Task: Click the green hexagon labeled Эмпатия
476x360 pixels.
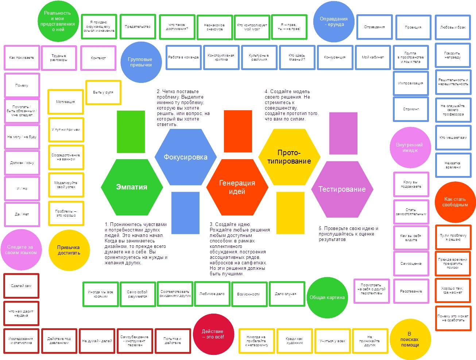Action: pos(132,187)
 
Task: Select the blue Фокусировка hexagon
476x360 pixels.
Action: pos(185,157)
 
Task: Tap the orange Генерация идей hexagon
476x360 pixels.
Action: pos(237,187)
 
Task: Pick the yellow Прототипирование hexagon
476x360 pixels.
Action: pos(289,157)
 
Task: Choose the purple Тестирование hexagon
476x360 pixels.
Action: pos(342,189)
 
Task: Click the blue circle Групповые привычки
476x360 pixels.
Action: pos(141,62)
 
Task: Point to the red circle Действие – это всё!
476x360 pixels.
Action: pos(213,334)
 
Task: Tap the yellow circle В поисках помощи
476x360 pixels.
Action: pos(410,339)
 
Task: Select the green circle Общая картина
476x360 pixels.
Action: pos(327,298)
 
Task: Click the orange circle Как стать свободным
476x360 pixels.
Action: pos(455,202)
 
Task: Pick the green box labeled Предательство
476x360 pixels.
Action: pos(138,27)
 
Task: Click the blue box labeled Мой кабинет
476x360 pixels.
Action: pos(373,57)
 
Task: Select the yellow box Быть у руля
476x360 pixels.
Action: pos(103,92)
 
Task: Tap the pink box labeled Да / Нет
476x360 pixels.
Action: pos(22,214)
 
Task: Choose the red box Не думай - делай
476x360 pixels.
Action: pos(97,341)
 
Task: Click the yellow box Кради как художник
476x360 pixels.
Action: pos(295,341)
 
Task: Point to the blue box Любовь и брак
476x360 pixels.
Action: pos(453,27)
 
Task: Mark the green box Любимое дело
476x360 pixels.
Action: pos(212,294)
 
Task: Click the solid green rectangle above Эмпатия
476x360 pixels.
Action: pos(131,131)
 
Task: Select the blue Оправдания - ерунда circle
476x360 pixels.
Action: pos(334,22)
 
